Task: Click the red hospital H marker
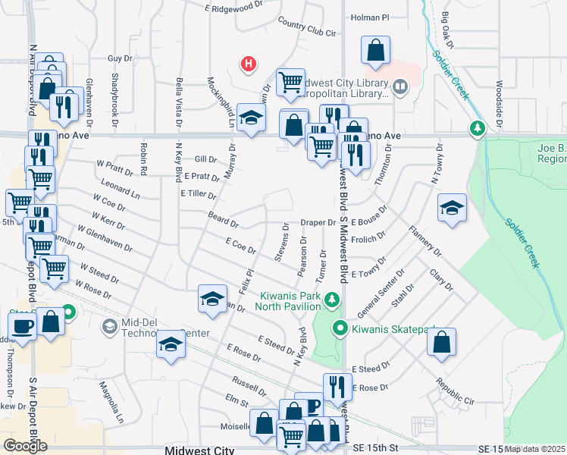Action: [247, 64]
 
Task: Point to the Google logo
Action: [25, 446]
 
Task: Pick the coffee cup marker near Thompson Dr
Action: [23, 327]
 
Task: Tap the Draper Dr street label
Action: [318, 223]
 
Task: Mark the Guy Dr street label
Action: [120, 58]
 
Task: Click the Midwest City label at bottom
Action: [199, 450]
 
